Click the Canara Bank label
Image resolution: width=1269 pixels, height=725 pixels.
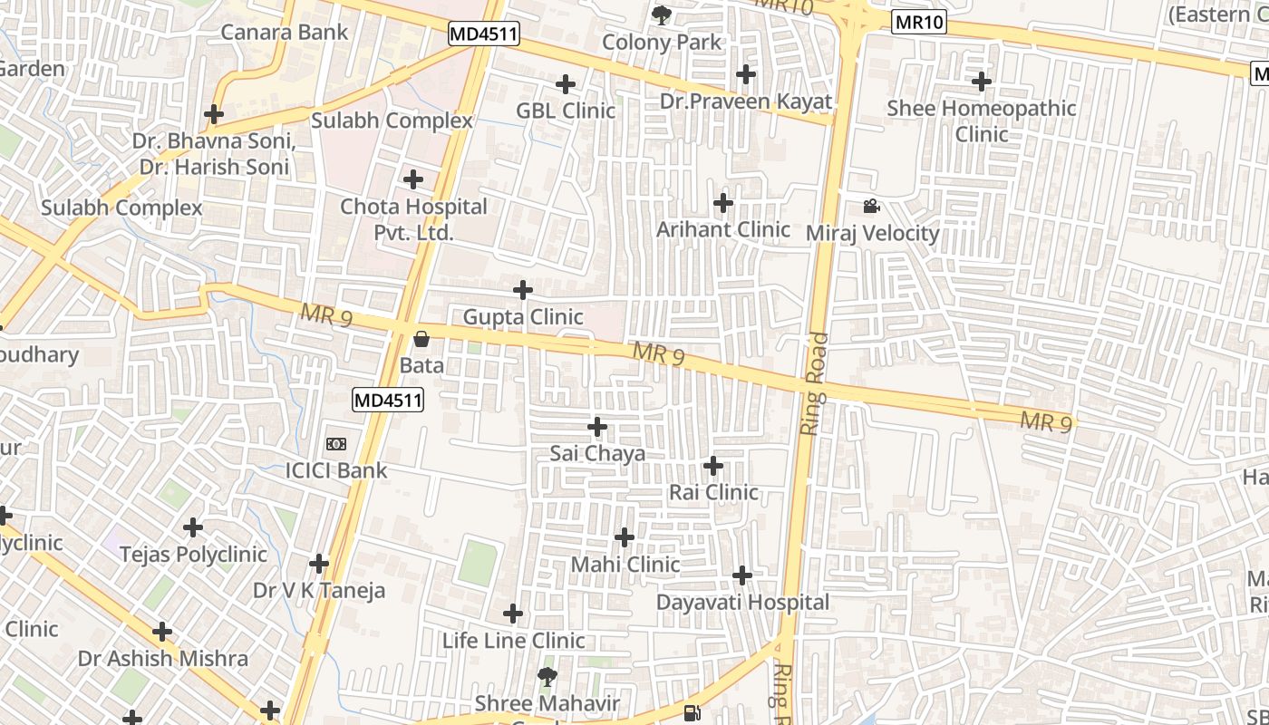pyautogui.click(x=284, y=33)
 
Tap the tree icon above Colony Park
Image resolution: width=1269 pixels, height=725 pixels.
pyautogui.click(x=662, y=14)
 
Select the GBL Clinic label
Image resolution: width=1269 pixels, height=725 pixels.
pyautogui.click(x=566, y=111)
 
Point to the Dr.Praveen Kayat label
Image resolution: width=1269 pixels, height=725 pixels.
pyautogui.click(x=745, y=101)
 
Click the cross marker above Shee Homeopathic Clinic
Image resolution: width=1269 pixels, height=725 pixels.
pyautogui.click(x=982, y=82)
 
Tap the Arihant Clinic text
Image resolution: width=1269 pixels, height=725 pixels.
pyautogui.click(x=722, y=229)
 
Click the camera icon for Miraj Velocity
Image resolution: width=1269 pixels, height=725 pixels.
pyautogui.click(x=871, y=207)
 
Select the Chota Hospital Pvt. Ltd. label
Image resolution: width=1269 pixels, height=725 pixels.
pyautogui.click(x=413, y=219)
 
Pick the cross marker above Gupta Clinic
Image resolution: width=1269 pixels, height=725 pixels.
pyautogui.click(x=523, y=290)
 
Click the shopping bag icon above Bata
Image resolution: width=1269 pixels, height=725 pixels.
pyautogui.click(x=421, y=340)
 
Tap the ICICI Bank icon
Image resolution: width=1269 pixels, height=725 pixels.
pyautogui.click(x=336, y=444)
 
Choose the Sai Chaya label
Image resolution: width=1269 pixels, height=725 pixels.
pyautogui.click(x=597, y=453)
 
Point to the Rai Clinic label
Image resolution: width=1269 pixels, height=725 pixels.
pyautogui.click(x=713, y=492)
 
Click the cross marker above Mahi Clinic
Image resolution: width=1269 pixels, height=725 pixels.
pyautogui.click(x=625, y=537)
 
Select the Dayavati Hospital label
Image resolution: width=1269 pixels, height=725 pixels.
pyautogui.click(x=742, y=603)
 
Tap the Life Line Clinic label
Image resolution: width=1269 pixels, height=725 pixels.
pyautogui.click(x=513, y=641)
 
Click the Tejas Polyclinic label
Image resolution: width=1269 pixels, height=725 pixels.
pyautogui.click(x=193, y=554)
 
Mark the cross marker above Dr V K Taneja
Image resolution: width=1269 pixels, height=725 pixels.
pyautogui.click(x=319, y=564)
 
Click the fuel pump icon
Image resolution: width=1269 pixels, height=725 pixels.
pyautogui.click(x=693, y=713)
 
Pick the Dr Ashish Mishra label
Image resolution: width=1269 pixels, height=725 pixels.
pyautogui.click(x=163, y=659)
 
